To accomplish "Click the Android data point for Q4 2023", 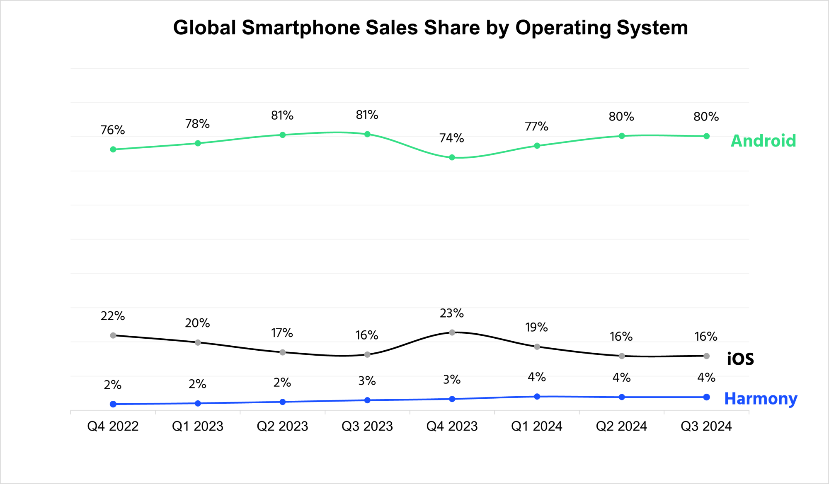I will click(452, 157).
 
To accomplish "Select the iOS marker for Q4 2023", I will click(452, 332).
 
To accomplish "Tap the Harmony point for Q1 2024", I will click(537, 397).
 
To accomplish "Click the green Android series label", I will click(763, 141).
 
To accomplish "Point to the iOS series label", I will click(740, 359).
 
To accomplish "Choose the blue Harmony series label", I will click(761, 399).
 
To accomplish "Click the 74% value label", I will click(452, 138).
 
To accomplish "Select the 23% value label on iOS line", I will click(452, 313).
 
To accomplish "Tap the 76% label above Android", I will click(113, 130).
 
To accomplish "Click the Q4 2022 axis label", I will click(113, 426).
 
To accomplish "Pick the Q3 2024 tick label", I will click(706, 426).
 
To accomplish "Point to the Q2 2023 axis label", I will click(282, 426).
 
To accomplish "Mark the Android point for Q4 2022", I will click(113, 149).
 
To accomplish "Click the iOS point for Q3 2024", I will click(706, 356).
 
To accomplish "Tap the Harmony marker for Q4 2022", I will click(113, 404).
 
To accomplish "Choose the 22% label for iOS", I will click(113, 316).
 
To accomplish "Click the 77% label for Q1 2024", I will click(537, 126).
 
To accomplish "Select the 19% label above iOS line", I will click(537, 327).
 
